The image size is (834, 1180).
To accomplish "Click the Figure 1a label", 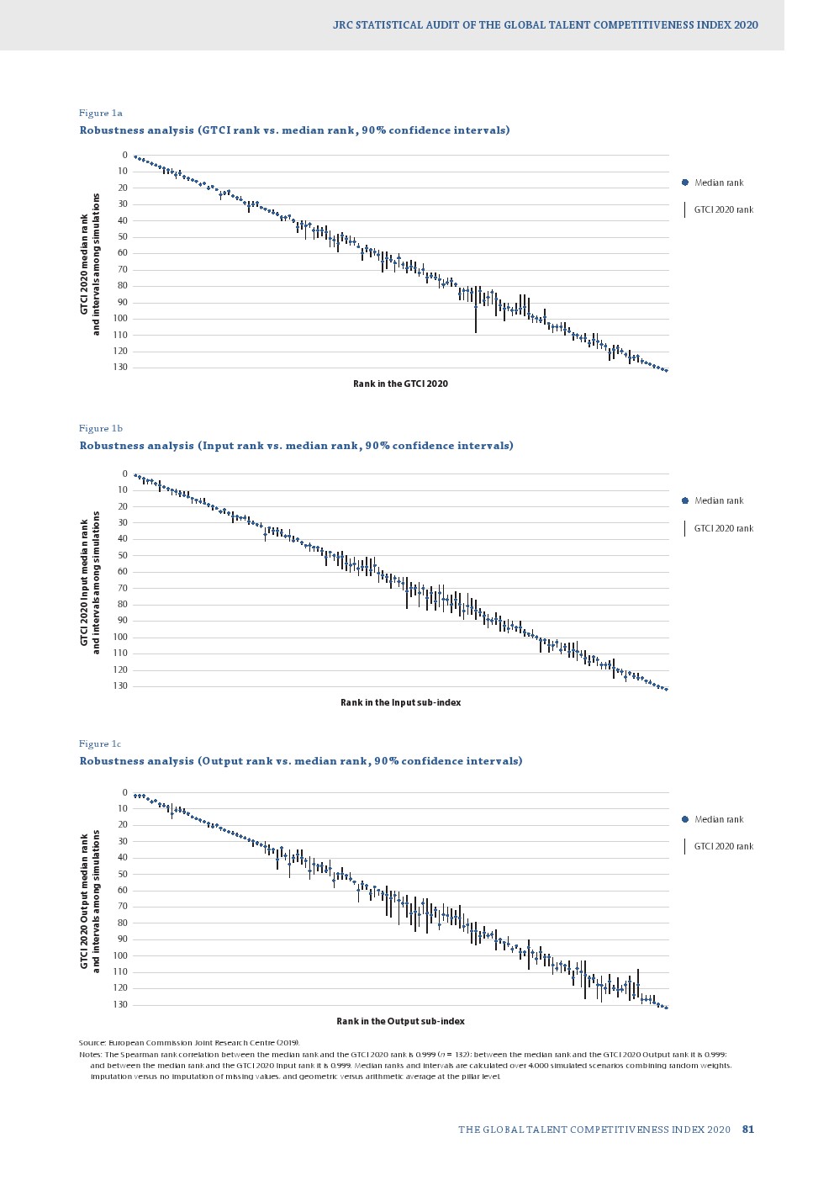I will tap(101, 113).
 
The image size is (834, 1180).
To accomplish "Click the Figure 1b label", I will tap(101, 428).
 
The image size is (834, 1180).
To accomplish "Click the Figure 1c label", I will tap(101, 743).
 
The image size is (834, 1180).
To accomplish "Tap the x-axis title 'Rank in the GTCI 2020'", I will tap(400, 384).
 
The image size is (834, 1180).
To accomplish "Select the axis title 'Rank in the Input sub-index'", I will tap(400, 702).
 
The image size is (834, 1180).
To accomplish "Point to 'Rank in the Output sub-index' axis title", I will tap(400, 1021).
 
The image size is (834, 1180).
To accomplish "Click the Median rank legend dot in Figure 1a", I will tap(685, 183).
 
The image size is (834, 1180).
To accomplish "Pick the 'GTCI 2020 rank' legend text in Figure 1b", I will tap(724, 528).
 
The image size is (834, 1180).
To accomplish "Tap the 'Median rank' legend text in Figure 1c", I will tap(719, 819).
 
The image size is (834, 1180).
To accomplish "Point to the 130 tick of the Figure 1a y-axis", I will tap(121, 368).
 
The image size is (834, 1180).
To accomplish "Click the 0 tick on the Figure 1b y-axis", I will tap(124, 474).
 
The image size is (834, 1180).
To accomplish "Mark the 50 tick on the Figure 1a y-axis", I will tap(123, 237).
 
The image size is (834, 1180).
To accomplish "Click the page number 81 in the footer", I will tap(748, 1130).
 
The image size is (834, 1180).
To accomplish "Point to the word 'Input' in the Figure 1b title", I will tap(217, 446).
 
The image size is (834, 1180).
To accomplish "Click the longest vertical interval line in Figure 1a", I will tap(476, 310).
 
